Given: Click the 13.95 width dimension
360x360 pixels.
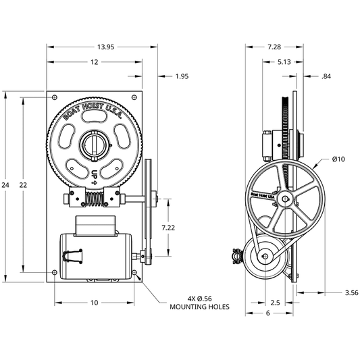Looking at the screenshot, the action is pos(105,47).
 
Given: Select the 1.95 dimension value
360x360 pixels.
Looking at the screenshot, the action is pos(182,76).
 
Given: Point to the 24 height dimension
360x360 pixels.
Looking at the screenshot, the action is pos(5,185).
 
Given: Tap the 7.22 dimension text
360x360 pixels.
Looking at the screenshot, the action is pos(168,228).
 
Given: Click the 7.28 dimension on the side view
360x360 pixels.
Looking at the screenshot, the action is pos(274,47).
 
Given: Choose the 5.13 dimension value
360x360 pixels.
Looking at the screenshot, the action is pos(284,62).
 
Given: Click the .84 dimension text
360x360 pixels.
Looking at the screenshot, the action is pos(326,76).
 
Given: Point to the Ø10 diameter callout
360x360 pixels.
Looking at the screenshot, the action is pos(338,159).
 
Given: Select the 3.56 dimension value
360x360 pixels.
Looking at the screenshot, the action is pos(352,292).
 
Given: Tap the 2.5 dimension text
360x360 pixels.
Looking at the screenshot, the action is pos(275,303).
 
